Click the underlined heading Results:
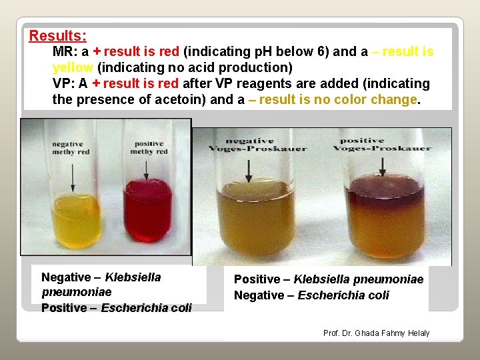click(57, 35)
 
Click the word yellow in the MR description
click(73, 67)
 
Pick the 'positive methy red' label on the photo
click(149, 147)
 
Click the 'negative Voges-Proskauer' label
click(258, 144)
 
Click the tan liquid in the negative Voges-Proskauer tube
click(259, 213)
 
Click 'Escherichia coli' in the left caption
click(146, 308)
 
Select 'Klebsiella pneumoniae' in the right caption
click(359, 279)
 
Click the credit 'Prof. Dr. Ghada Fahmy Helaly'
click(376, 333)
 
